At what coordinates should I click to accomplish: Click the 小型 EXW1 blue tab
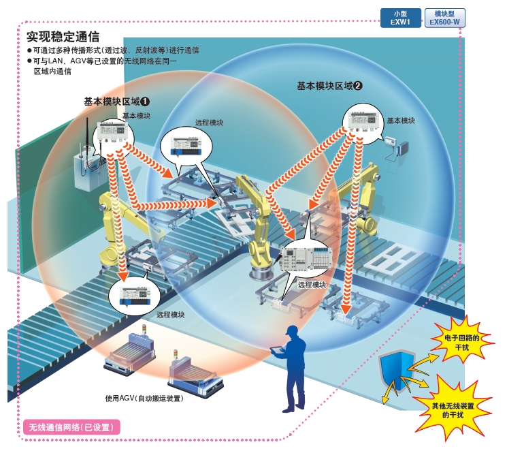pos(400,18)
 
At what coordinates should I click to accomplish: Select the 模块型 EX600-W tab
pos(444,18)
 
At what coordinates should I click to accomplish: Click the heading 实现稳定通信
pos(63,37)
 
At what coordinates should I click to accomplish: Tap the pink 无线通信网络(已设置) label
pos(71,427)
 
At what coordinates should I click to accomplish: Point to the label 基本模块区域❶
pos(117,101)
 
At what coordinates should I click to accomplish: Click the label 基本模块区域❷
pos(330,86)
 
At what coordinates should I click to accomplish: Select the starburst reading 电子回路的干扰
pos(461,343)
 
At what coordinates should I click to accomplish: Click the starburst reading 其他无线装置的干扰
pos(453,410)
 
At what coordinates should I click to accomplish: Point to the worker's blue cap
pos(292,330)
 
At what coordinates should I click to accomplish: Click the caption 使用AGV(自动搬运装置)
pos(144,399)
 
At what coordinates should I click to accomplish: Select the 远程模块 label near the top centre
pos(209,123)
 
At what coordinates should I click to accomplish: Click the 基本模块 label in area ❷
pos(401,121)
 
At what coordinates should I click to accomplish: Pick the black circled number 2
pos(358,86)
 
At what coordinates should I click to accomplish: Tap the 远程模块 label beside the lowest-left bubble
pos(171,315)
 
